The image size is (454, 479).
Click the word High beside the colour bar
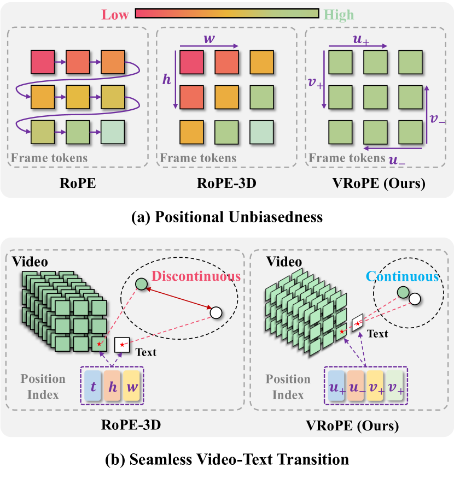click(x=339, y=14)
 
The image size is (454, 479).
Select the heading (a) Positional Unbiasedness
click(x=226, y=217)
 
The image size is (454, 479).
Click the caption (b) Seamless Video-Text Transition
click(x=226, y=459)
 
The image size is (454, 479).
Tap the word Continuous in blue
click(x=403, y=276)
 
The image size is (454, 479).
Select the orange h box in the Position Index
click(x=112, y=386)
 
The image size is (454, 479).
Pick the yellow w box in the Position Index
click(x=132, y=386)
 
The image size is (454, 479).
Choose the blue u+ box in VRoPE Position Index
click(x=336, y=386)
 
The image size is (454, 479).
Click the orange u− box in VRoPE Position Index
click(x=356, y=386)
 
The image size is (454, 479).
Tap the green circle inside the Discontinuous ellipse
click(x=141, y=284)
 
